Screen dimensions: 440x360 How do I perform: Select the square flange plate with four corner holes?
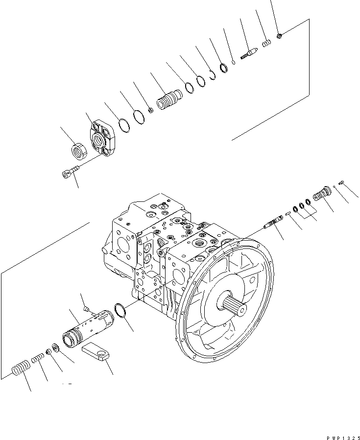(103, 138)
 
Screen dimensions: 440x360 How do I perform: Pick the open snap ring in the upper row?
(212, 75)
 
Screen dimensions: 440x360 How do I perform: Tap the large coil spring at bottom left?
(20, 368)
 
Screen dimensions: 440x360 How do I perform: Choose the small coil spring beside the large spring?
(38, 360)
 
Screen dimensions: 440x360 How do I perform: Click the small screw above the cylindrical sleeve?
(86, 308)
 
